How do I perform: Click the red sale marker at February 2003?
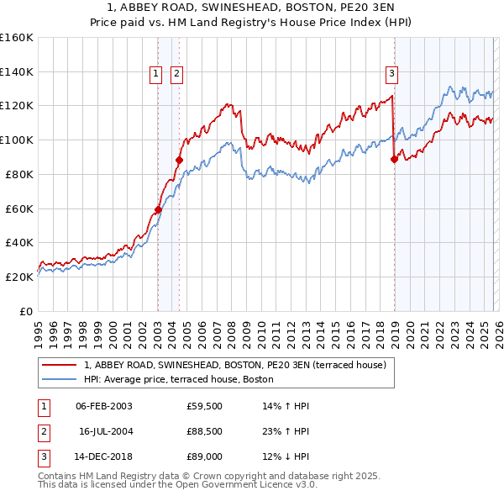tap(158, 209)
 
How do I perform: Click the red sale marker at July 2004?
tap(179, 160)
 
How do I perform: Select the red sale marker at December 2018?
tap(394, 159)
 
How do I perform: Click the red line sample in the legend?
tap(60, 365)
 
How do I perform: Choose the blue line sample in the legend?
tap(60, 379)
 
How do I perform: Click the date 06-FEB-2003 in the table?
tap(103, 406)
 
